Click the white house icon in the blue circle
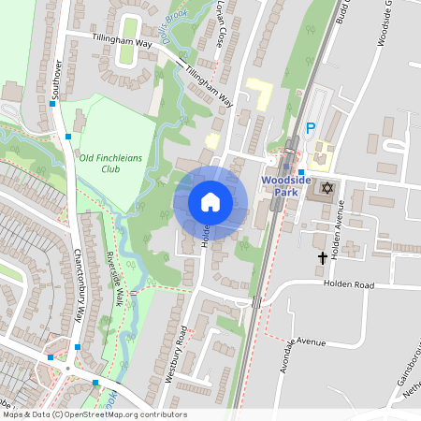click(x=210, y=202)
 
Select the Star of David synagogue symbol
click(x=327, y=189)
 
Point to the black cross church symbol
click(x=324, y=256)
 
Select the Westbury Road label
click(x=183, y=347)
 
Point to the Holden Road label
click(x=348, y=283)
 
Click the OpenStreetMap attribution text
click(x=94, y=414)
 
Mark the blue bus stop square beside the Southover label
click(x=53, y=105)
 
